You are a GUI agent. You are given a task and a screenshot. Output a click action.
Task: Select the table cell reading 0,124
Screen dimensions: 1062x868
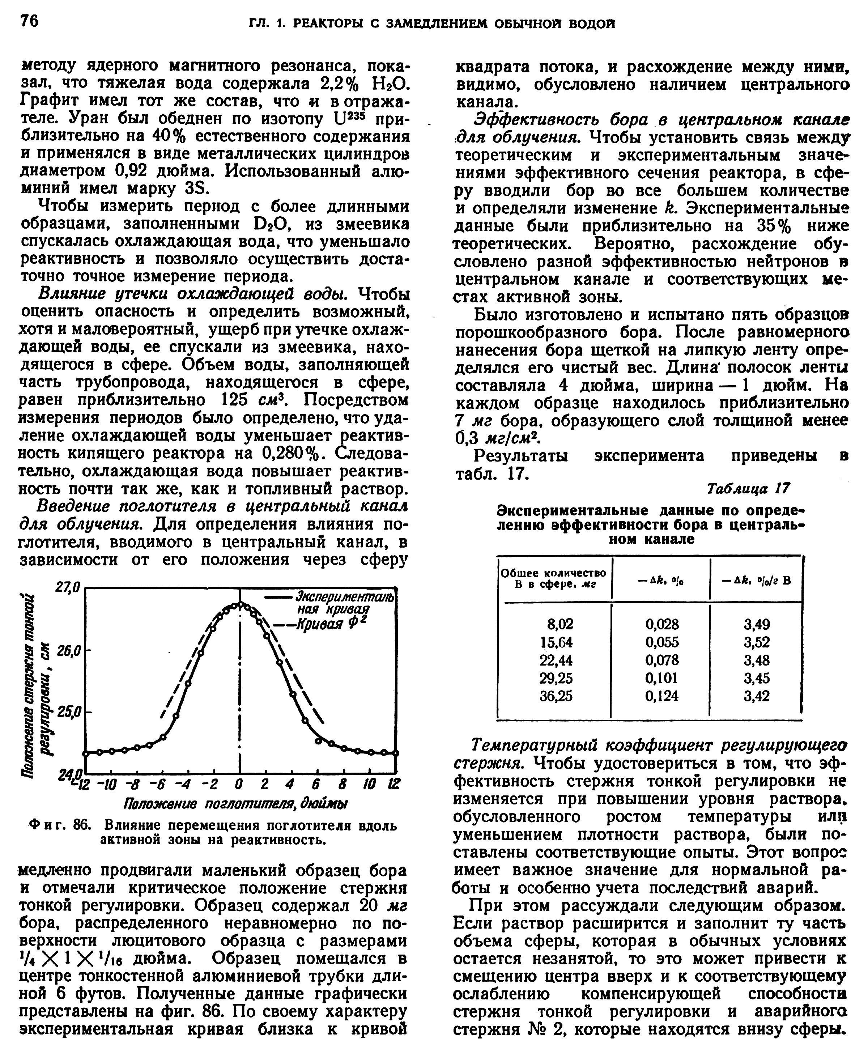(661, 696)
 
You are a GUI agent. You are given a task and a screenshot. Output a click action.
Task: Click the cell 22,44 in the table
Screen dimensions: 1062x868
(556, 660)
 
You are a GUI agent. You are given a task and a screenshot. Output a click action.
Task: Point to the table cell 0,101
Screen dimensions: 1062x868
(661, 678)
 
